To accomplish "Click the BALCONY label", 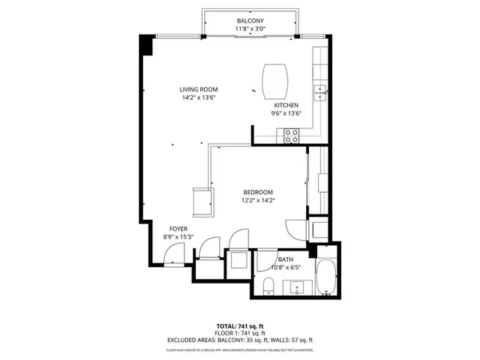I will click(x=250, y=20).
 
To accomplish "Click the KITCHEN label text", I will click(x=286, y=105).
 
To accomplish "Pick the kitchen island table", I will click(x=274, y=77).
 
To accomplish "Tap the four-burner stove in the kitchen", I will click(x=292, y=135).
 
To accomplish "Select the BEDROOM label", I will click(x=256, y=191).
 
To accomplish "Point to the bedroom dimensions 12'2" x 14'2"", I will click(x=256, y=200).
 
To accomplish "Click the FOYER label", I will click(x=178, y=229).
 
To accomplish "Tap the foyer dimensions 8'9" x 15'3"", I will click(x=178, y=238).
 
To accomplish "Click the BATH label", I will click(x=286, y=259).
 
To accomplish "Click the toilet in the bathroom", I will click(x=268, y=284).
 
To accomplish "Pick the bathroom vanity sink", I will click(x=296, y=286).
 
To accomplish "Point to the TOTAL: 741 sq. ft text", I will click(x=239, y=326).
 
